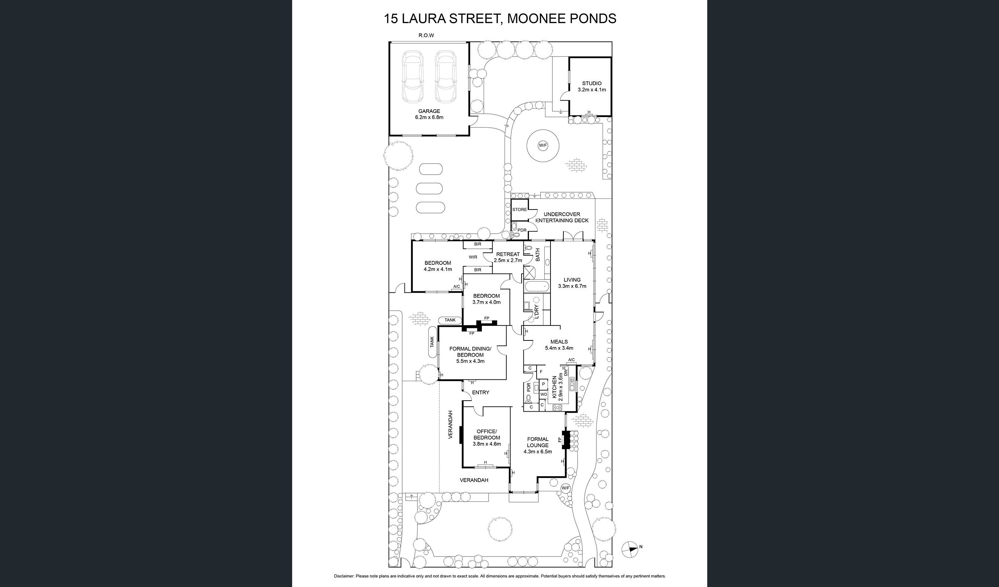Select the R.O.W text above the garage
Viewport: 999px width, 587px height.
(426, 35)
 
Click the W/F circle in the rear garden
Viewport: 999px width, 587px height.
(543, 145)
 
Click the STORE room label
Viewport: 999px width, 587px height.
(519, 209)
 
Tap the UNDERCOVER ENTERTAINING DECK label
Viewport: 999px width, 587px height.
(562, 217)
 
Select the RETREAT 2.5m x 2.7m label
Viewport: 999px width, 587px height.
(508, 257)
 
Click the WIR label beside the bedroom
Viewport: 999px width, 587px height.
(473, 257)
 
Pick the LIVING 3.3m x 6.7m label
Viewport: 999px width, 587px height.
(572, 282)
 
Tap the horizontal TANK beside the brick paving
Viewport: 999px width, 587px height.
(450, 320)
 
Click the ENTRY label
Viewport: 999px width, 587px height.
(480, 393)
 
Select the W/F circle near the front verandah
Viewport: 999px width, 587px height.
(565, 488)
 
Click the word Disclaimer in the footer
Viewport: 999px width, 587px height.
(344, 576)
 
